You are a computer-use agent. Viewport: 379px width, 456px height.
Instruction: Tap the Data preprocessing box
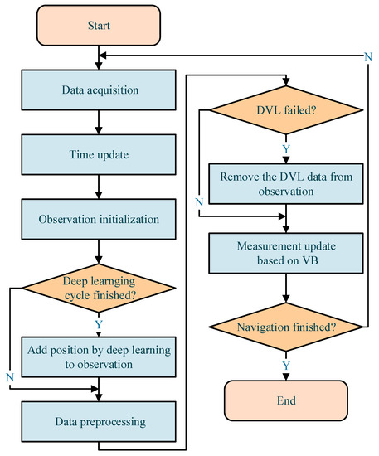(x=99, y=421)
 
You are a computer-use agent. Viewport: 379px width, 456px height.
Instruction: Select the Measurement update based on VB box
(x=285, y=253)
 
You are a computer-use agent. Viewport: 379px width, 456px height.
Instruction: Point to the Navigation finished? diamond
(x=285, y=327)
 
